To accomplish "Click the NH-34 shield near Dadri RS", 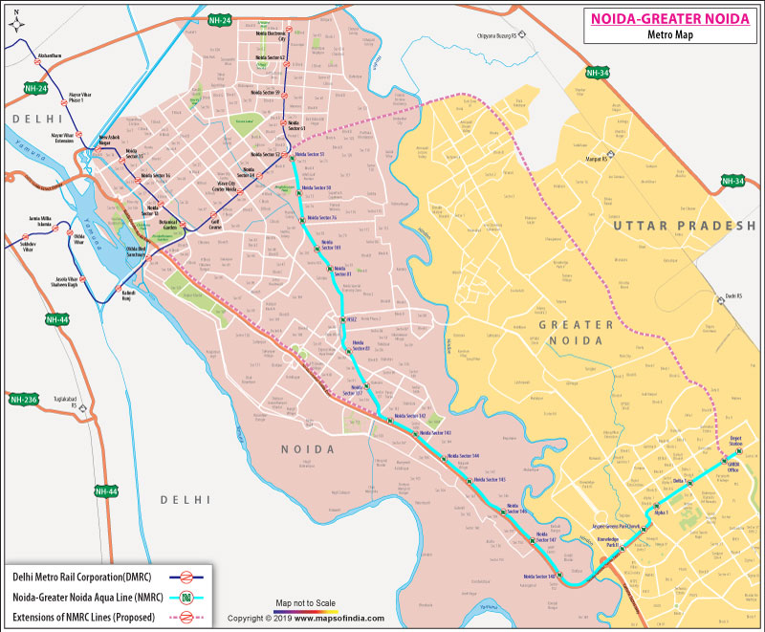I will [732, 181].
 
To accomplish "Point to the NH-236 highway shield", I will [22, 399].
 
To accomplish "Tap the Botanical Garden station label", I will [169, 227].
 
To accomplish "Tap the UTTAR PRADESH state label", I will [685, 225].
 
